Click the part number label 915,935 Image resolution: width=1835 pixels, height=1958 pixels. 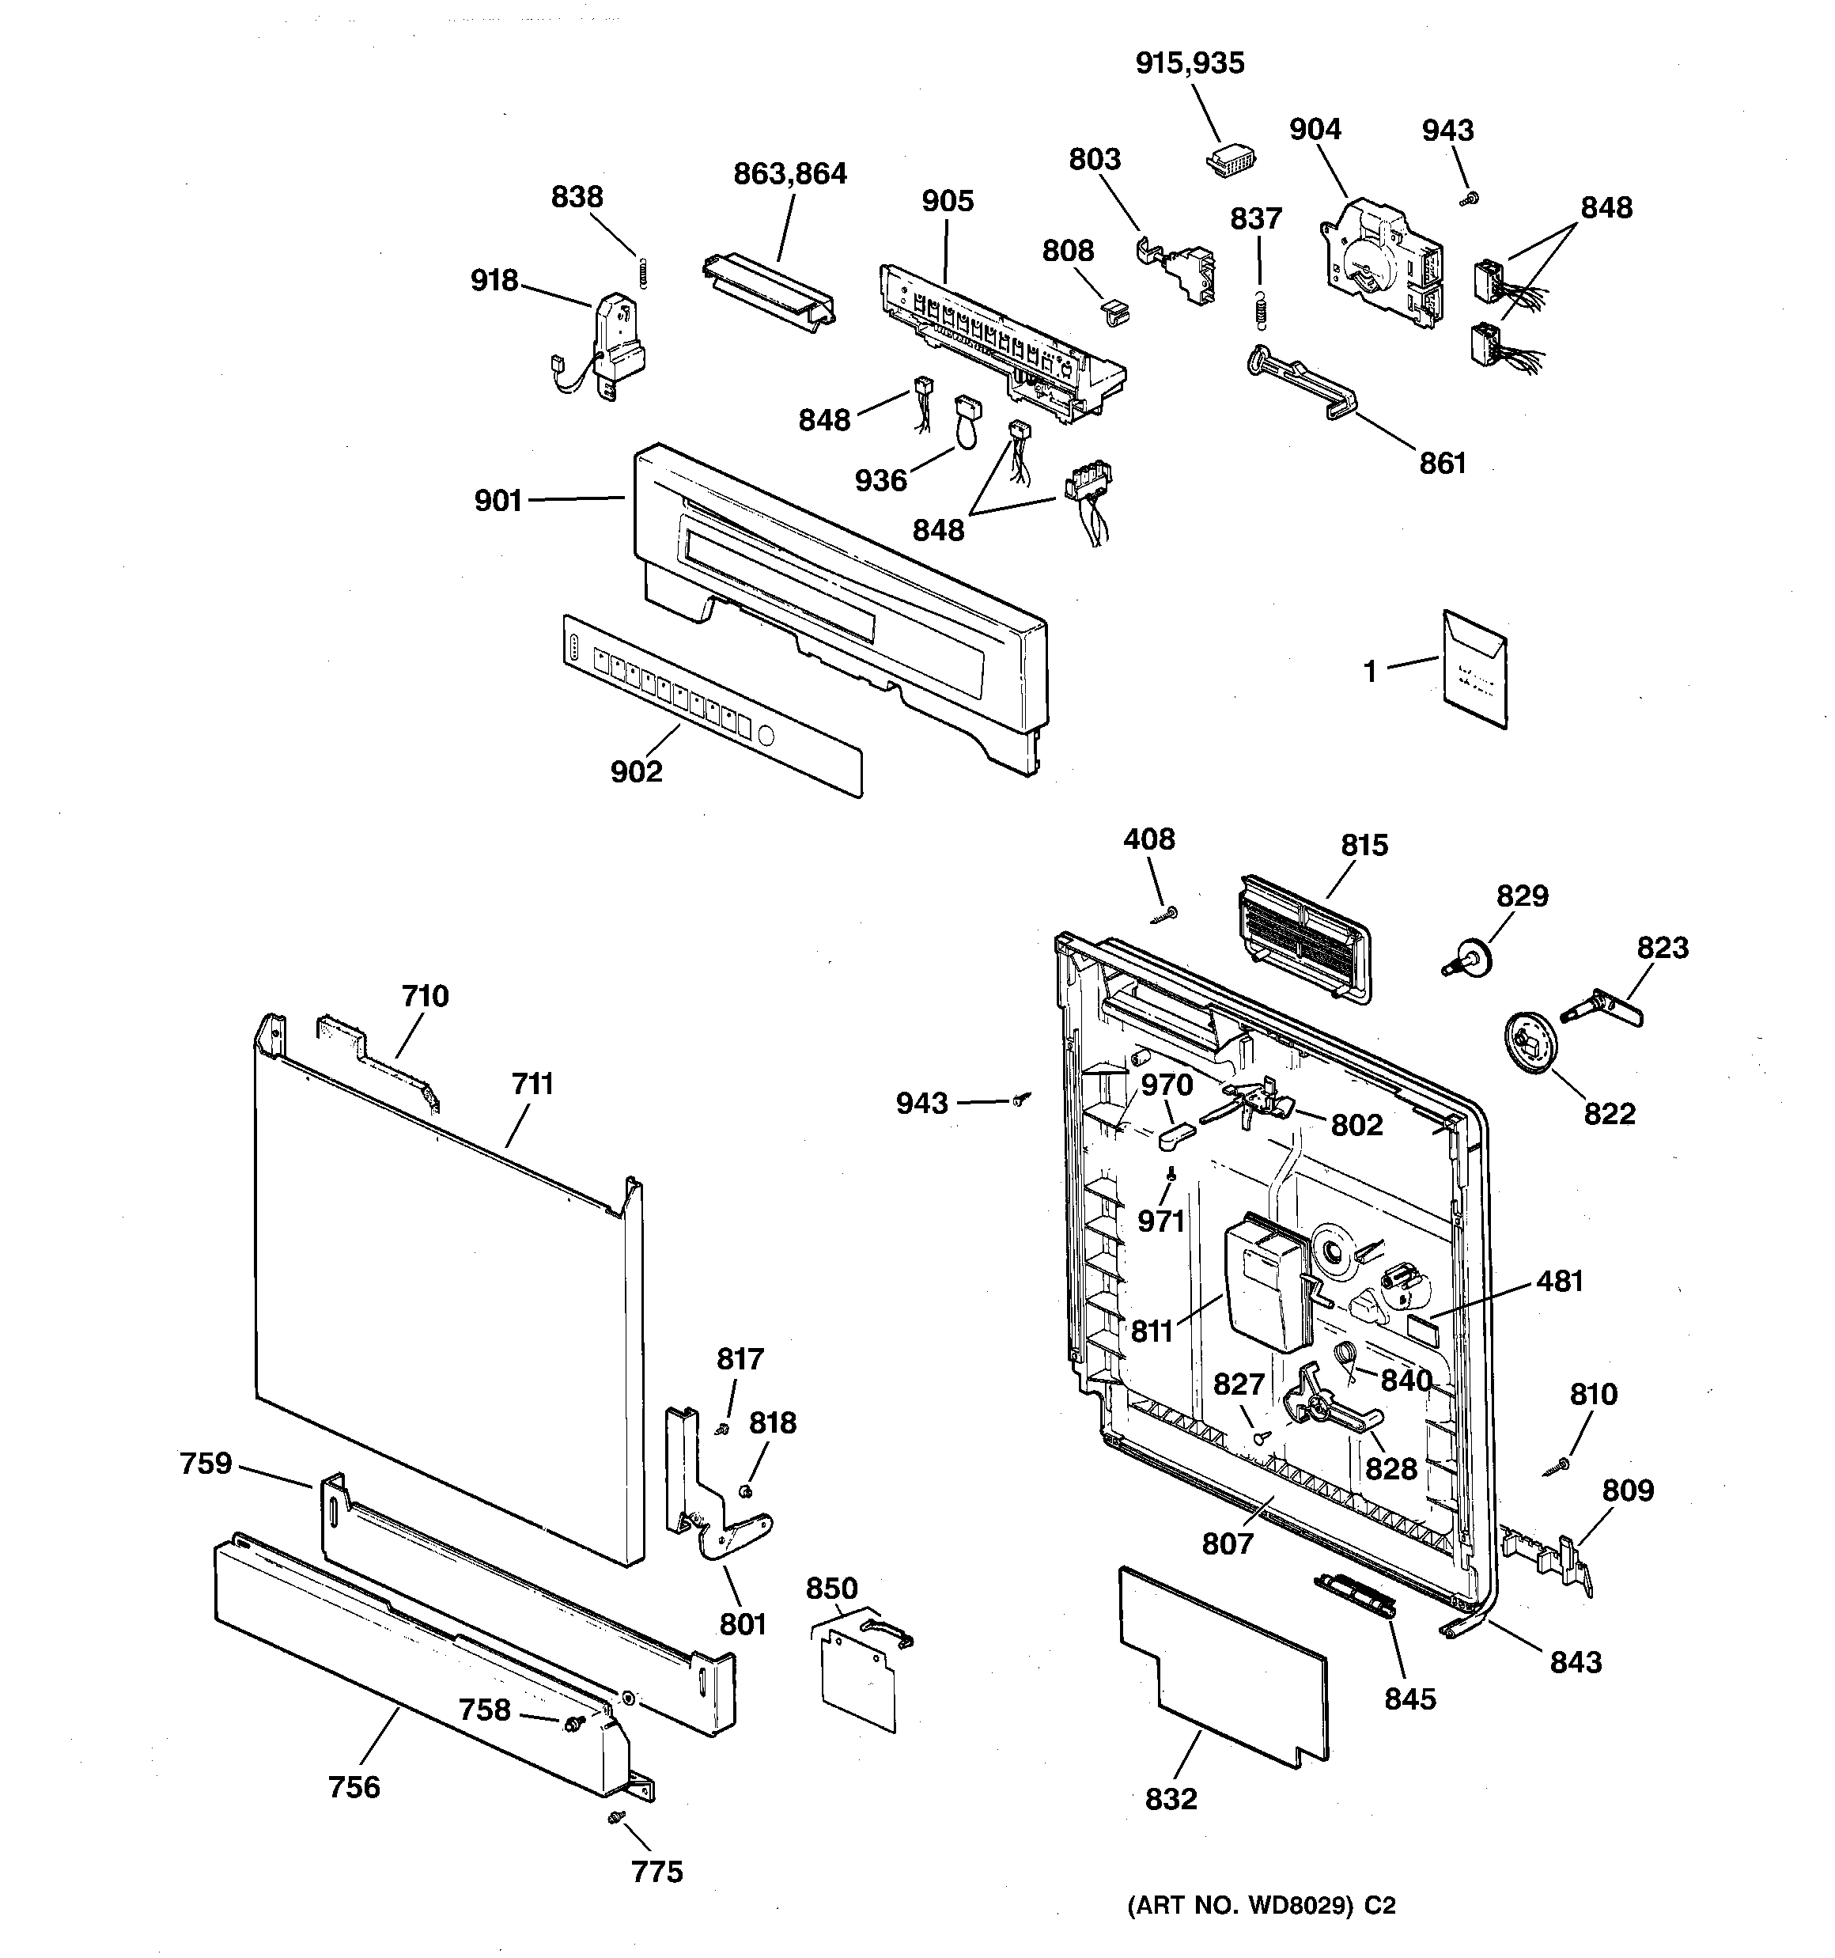[1189, 64]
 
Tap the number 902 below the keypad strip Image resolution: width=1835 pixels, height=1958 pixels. [636, 771]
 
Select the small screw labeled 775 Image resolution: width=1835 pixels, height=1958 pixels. [615, 1815]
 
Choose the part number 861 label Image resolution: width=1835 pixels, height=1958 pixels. [1442, 463]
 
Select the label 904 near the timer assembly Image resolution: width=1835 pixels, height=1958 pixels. [1315, 130]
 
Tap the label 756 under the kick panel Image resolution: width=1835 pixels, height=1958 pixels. [354, 1786]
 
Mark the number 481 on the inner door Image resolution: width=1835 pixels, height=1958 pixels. [1559, 1282]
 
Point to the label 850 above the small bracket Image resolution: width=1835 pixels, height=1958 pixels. [831, 1589]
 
